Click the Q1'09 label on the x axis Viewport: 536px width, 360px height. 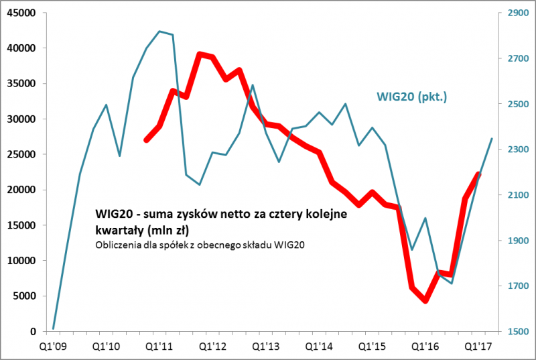pyautogui.click(x=53, y=347)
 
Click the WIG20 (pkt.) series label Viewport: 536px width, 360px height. pyautogui.click(x=411, y=98)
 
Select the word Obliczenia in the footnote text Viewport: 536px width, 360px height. pyautogui.click(x=117, y=245)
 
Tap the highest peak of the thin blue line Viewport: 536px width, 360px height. pyautogui.click(x=159, y=31)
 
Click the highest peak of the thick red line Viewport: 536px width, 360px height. pyautogui.click(x=200, y=54)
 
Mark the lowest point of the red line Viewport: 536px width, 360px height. pyautogui.click(x=425, y=300)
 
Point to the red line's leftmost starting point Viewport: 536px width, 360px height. pyautogui.click(x=146, y=140)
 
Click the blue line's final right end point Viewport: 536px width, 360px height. pyautogui.click(x=492, y=139)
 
